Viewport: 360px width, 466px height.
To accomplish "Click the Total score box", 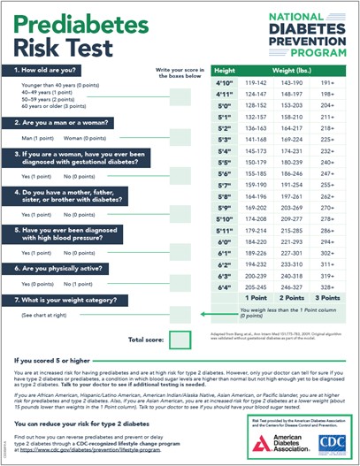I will click(180, 339).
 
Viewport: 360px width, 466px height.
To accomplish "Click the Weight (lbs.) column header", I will click(289, 69).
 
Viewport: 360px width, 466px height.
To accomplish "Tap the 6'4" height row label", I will click(224, 288).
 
